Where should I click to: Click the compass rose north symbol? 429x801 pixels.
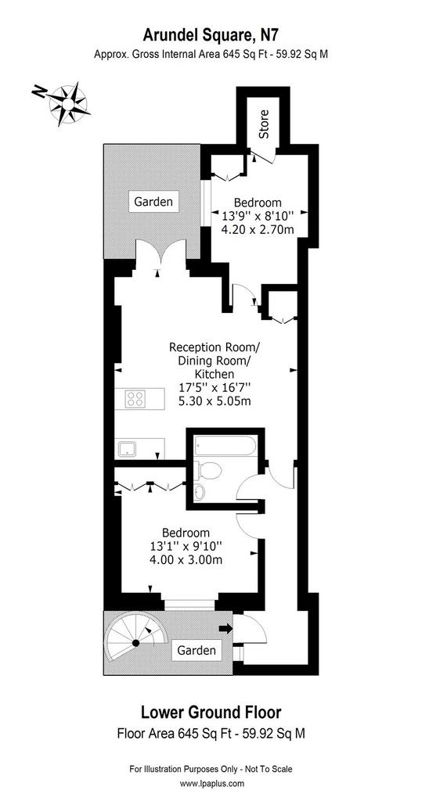[63, 104]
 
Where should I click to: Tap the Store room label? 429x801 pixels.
[264, 124]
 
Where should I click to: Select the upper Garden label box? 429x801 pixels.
[153, 201]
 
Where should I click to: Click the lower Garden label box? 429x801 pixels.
[196, 650]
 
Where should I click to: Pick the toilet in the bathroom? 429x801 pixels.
[208, 469]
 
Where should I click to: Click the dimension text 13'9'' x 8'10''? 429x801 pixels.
[258, 215]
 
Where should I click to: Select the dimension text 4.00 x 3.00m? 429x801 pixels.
[185, 559]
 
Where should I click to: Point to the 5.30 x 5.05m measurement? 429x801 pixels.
[214, 401]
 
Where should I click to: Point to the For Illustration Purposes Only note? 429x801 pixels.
[211, 769]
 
